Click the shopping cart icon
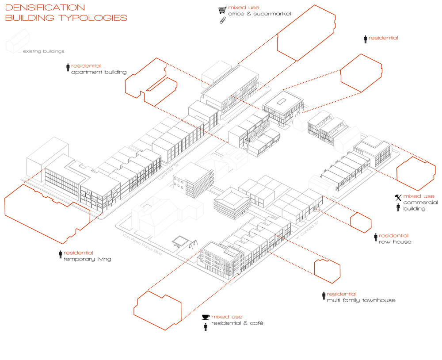click(x=222, y=10)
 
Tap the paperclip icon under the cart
click(x=222, y=21)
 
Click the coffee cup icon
click(x=205, y=317)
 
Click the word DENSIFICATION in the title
click(x=45, y=8)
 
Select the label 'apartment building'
click(x=99, y=72)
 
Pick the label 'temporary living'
click(x=88, y=259)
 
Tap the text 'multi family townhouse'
click(x=361, y=300)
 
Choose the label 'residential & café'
click(x=237, y=323)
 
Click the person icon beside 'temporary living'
click(x=61, y=255)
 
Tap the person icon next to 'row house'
click(x=376, y=238)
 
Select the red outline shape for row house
click(x=361, y=221)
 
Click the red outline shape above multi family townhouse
click(x=327, y=270)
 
